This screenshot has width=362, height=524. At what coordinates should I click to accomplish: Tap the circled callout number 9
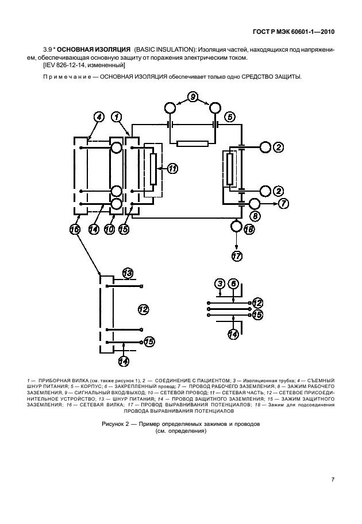[193, 96]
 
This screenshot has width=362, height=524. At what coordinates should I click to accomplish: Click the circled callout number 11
[172, 168]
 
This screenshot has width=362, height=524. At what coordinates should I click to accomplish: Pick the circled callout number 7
[284, 203]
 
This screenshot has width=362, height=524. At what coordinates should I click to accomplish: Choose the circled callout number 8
[255, 216]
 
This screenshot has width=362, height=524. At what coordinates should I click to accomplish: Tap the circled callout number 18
[249, 229]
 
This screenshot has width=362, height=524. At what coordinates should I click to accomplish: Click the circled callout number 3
[219, 283]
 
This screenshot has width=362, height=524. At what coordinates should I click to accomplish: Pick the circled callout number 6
[233, 283]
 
